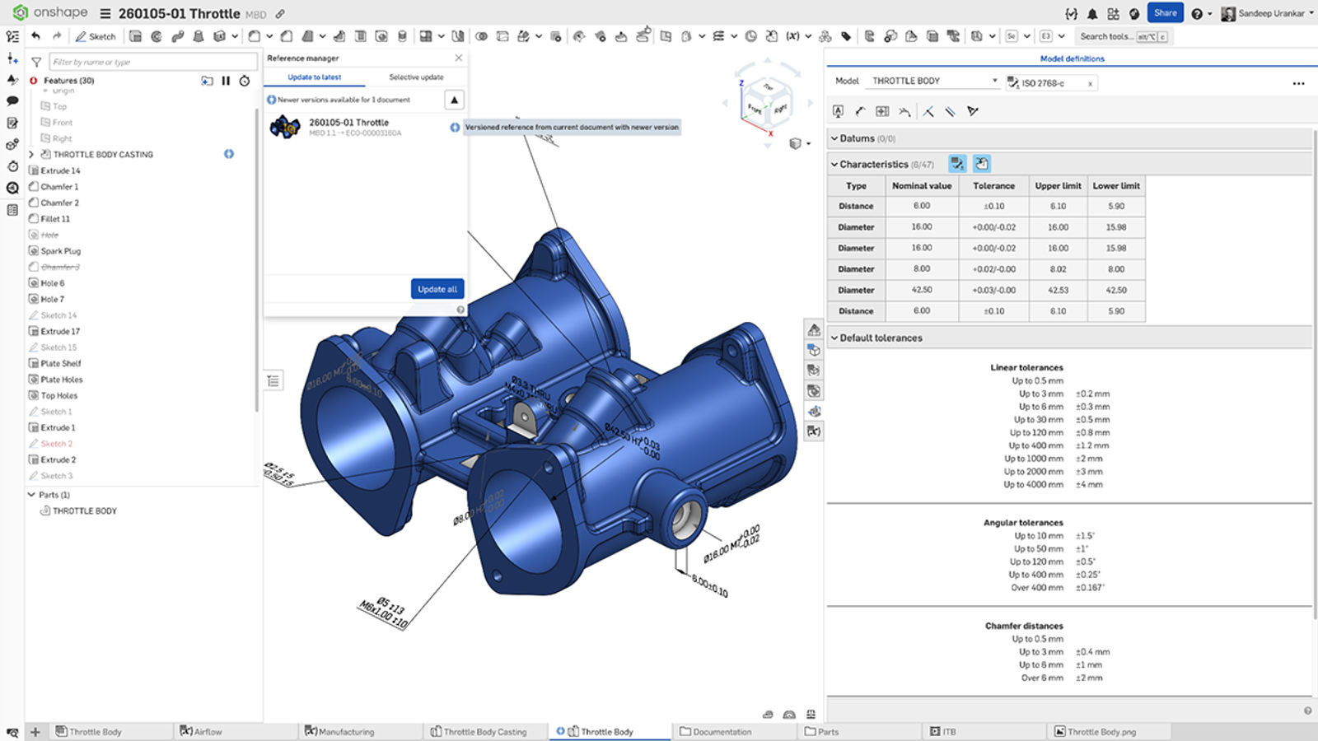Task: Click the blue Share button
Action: pyautogui.click(x=1165, y=13)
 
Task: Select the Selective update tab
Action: pyautogui.click(x=416, y=77)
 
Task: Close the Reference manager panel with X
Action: pyautogui.click(x=459, y=58)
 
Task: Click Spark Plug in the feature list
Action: pyautogui.click(x=61, y=251)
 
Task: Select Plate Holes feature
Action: pyautogui.click(x=62, y=380)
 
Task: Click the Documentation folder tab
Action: pyautogui.click(x=722, y=731)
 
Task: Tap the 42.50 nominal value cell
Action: pyautogui.click(x=921, y=290)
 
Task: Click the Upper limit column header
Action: pyautogui.click(x=1058, y=186)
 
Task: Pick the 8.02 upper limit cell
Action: pyautogui.click(x=1058, y=269)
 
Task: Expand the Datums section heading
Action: pyautogui.click(x=857, y=138)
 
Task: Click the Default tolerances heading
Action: pyautogui.click(x=881, y=338)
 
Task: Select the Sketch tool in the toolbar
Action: pyautogui.click(x=96, y=36)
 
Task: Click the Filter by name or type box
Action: pyautogui.click(x=152, y=62)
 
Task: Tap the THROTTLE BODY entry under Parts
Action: pyautogui.click(x=84, y=511)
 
